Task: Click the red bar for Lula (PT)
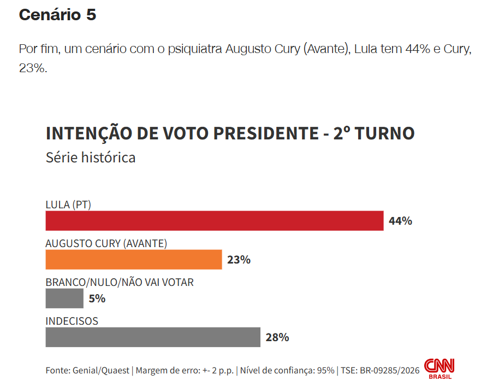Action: (x=214, y=221)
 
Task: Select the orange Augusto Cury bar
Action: (x=134, y=259)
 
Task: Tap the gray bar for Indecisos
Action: (x=153, y=337)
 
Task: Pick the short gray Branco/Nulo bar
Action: (x=64, y=299)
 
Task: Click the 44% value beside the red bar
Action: (x=400, y=221)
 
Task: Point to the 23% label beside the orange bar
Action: (x=239, y=260)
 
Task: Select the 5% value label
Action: (x=97, y=299)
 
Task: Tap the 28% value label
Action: (x=277, y=337)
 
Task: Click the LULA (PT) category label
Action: (x=68, y=205)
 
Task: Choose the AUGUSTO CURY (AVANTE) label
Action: (x=106, y=243)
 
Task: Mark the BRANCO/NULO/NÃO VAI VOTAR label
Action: (x=120, y=282)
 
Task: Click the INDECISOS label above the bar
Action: (x=72, y=321)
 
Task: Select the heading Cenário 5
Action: (x=57, y=15)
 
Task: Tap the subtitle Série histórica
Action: (x=91, y=157)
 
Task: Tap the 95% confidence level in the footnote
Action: (x=325, y=370)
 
